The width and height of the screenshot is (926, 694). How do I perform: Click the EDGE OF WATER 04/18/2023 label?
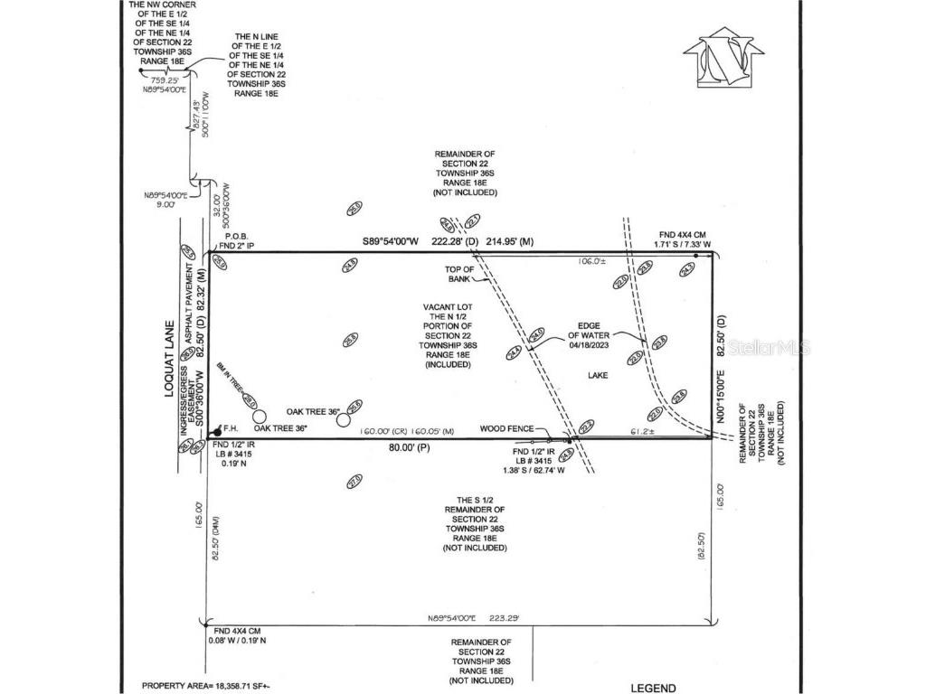click(585, 335)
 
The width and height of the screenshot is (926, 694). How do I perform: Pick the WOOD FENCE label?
click(505, 429)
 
